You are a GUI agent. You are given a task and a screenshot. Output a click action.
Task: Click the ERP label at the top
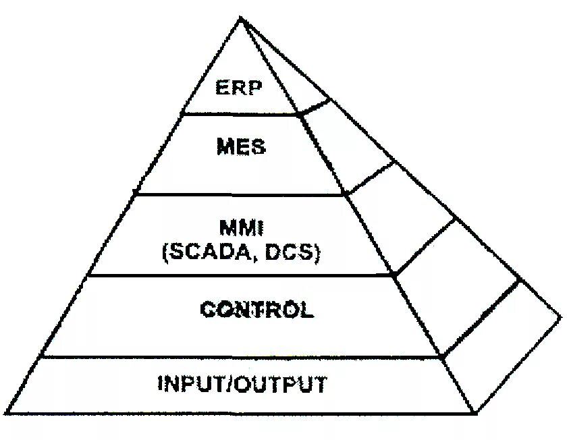click(x=238, y=88)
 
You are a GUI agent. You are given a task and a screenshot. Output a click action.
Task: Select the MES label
click(x=241, y=146)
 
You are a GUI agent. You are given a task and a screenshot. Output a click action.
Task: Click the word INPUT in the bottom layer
click(x=189, y=384)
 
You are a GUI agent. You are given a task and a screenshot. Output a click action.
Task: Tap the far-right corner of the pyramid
click(x=561, y=315)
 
